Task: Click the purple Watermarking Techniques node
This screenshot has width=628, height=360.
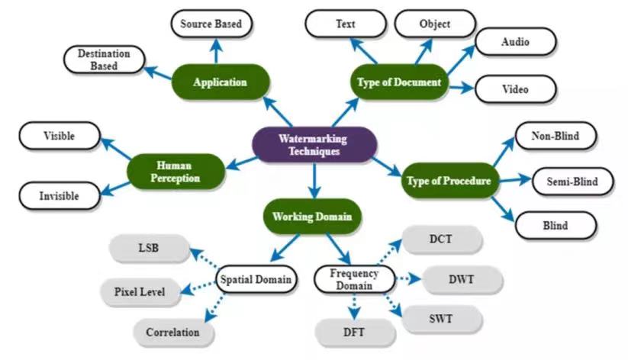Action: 314,145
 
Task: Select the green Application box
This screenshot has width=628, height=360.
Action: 221,82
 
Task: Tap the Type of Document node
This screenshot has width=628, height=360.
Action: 399,82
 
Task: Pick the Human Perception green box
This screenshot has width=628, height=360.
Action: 176,172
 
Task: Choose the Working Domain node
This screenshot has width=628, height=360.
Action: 312,217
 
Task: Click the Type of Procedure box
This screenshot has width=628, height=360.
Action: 449,181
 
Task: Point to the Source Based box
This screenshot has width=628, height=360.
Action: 211,24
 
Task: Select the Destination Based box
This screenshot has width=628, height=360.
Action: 104,59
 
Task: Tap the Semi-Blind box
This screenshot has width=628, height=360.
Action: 573,182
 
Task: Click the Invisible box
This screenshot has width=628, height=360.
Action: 60,196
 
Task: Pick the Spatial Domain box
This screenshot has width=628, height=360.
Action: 256,279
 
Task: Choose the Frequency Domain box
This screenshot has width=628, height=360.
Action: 355,279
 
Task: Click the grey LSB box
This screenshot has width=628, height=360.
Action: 149,248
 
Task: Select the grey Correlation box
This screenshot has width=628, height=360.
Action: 173,332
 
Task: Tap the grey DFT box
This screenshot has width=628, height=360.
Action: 355,332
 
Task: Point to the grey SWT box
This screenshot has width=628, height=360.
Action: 441,319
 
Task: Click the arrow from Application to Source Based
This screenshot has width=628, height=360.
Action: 216,51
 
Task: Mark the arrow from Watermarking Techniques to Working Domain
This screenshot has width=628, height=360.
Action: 314,181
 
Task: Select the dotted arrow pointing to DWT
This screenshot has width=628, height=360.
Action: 408,278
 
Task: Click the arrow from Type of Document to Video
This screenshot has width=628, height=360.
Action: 462,87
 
